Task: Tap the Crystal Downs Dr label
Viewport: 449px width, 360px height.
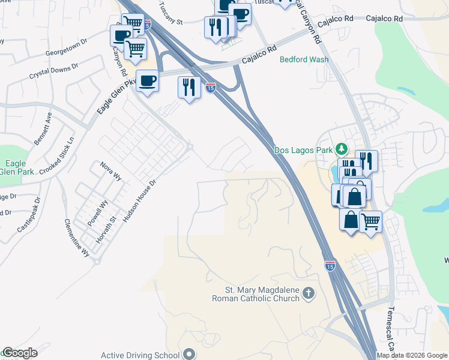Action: coord(54,71)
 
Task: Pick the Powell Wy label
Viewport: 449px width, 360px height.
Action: coord(97,213)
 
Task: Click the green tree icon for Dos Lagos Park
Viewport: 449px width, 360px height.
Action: coord(342,148)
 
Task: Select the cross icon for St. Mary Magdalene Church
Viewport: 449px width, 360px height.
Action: coord(309,293)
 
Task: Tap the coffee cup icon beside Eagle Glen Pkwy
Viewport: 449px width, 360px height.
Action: coord(147,80)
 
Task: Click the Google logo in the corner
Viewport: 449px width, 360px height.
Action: coord(20,353)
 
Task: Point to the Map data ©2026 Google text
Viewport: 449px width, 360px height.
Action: coord(412,355)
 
